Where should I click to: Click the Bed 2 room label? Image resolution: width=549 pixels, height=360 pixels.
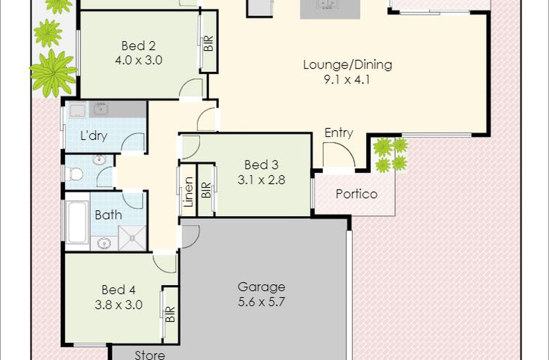click(x=138, y=46)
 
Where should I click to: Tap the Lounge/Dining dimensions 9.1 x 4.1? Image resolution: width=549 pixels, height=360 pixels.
click(x=347, y=80)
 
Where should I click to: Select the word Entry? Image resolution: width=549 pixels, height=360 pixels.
click(x=339, y=133)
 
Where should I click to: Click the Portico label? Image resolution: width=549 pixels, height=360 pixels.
click(x=357, y=194)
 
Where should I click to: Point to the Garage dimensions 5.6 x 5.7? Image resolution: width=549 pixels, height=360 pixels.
click(x=262, y=301)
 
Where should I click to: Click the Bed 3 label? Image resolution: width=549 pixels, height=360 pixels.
click(x=262, y=165)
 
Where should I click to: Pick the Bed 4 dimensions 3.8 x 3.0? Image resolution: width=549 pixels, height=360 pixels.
click(x=118, y=305)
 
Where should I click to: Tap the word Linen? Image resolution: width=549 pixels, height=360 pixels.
click(x=189, y=192)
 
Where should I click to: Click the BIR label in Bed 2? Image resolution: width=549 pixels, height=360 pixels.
click(x=209, y=43)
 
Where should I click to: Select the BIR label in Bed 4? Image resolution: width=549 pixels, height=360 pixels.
click(x=170, y=315)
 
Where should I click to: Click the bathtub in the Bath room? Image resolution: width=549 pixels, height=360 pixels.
click(x=77, y=222)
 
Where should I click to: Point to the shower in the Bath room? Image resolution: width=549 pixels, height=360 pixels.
click(x=132, y=238)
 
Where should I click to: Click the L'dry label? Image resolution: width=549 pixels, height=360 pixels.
click(x=94, y=136)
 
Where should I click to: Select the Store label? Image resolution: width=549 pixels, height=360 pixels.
click(x=150, y=355)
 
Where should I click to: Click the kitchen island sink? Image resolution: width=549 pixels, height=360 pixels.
click(x=327, y=4)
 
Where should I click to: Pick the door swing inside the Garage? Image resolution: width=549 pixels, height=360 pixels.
click(x=191, y=237)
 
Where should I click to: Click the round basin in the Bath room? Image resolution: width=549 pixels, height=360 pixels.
click(x=104, y=243)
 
